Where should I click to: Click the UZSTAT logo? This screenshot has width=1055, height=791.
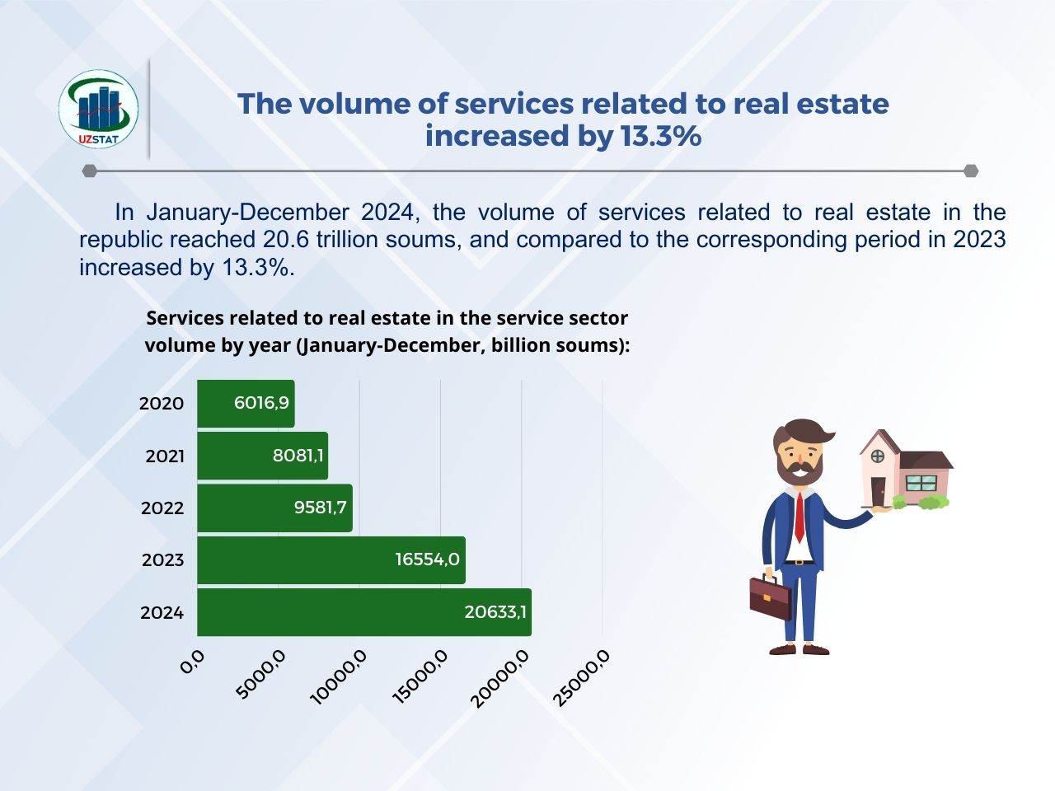(99, 109)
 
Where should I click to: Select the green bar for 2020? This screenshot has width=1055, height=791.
(246, 404)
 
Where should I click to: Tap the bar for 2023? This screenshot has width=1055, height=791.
(331, 560)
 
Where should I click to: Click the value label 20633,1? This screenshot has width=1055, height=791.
(495, 612)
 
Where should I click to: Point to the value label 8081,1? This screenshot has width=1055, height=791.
(298, 456)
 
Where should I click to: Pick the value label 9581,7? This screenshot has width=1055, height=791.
(320, 508)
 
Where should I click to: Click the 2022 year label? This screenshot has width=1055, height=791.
(162, 508)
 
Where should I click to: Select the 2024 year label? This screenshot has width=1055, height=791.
(162, 613)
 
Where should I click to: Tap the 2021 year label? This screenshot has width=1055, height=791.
(165, 456)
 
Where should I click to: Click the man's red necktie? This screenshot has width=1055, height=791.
(799, 517)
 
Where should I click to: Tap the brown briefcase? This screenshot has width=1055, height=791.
(771, 597)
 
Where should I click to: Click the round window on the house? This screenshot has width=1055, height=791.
(878, 456)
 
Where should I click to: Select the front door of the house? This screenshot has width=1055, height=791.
(878, 491)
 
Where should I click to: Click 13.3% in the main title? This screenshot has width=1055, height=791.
(661, 136)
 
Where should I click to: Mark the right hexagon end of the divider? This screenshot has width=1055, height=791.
(971, 171)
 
